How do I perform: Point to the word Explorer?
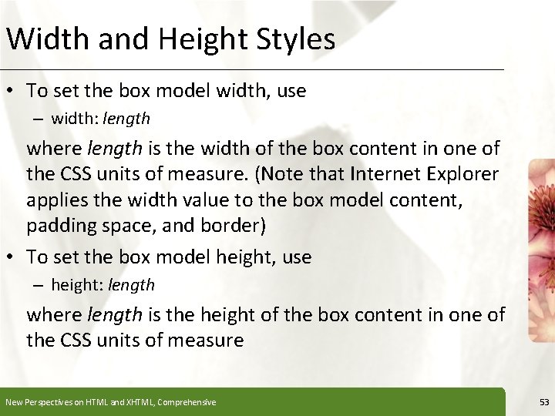(462, 175)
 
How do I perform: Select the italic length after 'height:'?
(131, 285)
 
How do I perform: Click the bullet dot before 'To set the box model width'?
(12, 91)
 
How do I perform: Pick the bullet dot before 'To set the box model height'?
(12, 257)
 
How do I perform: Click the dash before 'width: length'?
(38, 119)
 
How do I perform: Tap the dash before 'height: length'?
(38, 285)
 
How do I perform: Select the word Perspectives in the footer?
(45, 402)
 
